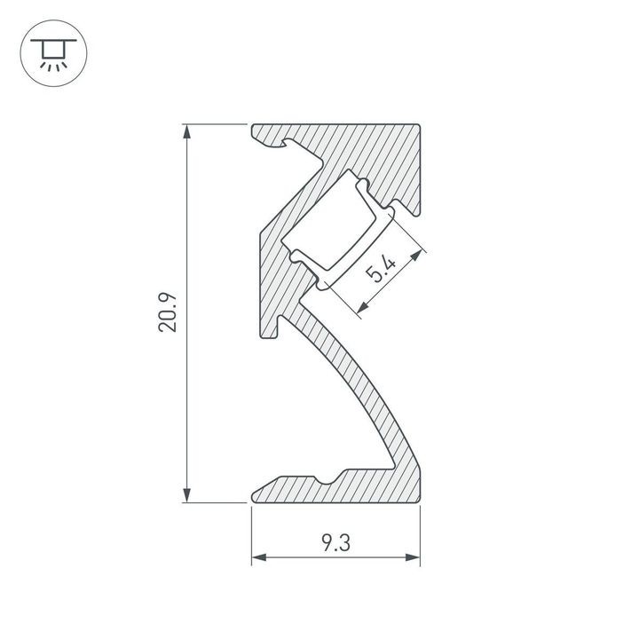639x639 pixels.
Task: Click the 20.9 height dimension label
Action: tap(169, 313)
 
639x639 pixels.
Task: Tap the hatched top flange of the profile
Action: tap(355, 142)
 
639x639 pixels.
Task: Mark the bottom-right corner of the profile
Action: tap(419, 501)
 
